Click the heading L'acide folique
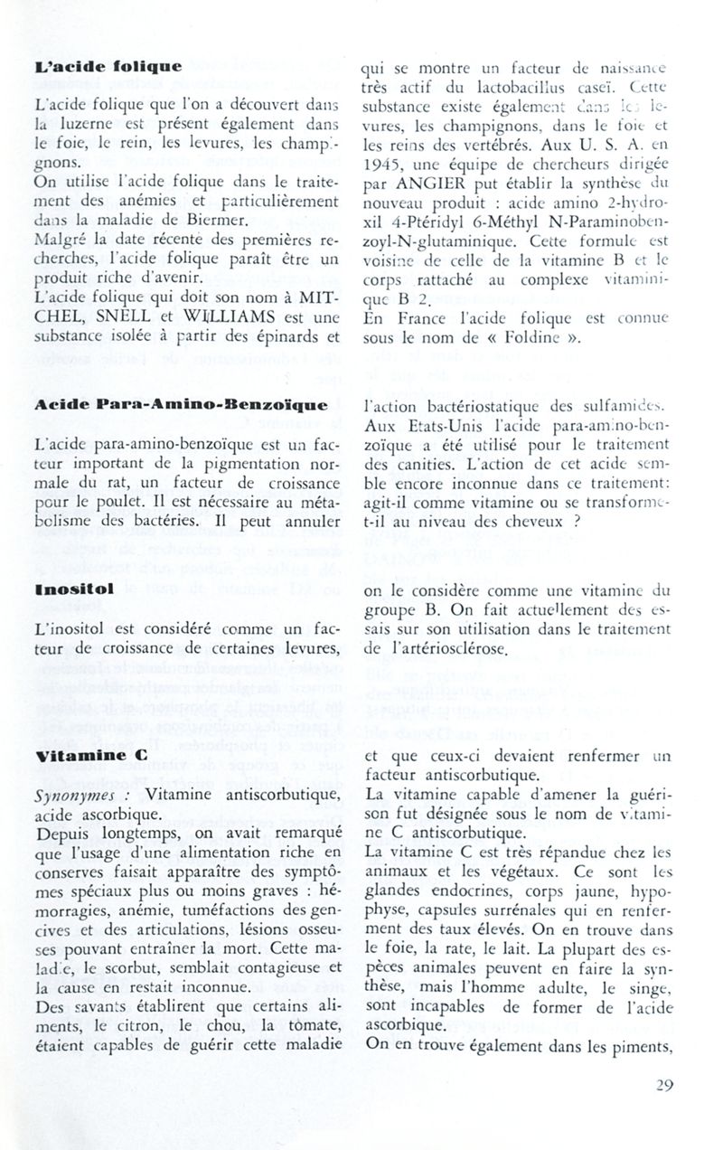pos(108,66)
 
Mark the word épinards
pos(278,338)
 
